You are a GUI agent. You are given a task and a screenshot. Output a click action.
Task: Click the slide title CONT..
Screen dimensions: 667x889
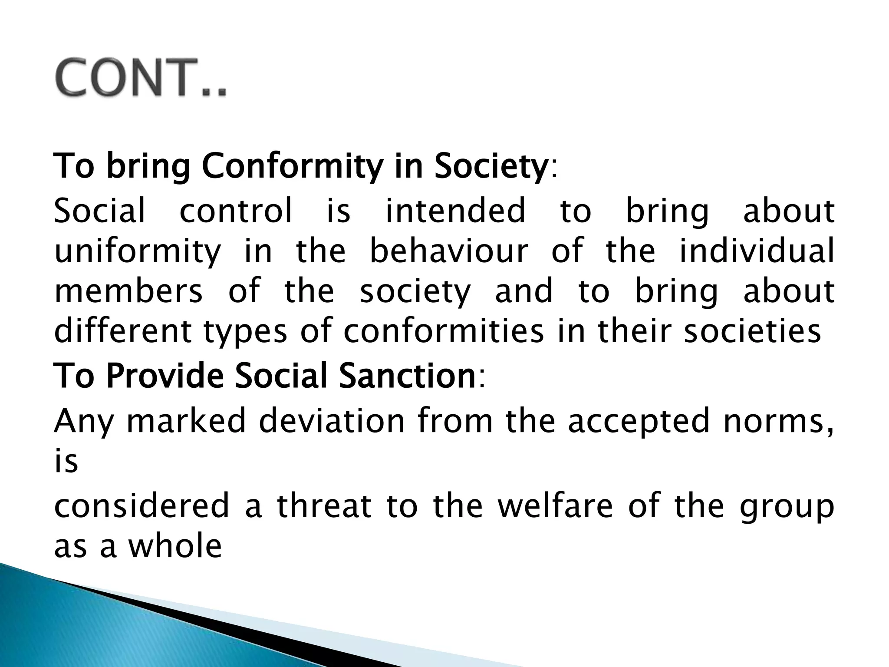point(141,78)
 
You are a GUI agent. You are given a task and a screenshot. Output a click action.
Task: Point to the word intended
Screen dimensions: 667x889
point(455,211)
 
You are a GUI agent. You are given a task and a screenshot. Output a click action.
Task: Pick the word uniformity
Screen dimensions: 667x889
point(138,252)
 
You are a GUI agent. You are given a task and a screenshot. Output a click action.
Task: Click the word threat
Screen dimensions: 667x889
point(324,506)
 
